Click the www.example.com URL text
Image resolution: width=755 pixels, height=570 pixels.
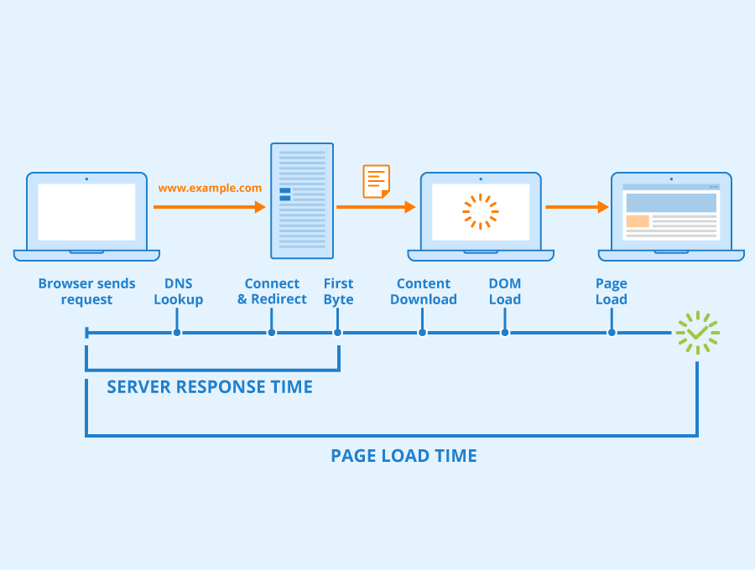click(x=210, y=189)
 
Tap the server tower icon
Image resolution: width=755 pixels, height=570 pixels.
click(x=302, y=201)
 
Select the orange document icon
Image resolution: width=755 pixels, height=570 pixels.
click(x=377, y=181)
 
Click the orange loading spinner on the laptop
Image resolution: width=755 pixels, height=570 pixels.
click(x=481, y=211)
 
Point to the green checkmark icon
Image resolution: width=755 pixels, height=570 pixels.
click(x=697, y=333)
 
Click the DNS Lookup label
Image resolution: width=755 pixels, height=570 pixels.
click(x=178, y=292)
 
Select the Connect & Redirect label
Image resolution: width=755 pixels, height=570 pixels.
click(x=272, y=292)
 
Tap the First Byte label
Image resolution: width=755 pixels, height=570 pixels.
click(x=338, y=292)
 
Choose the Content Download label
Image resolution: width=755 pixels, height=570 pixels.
click(x=424, y=292)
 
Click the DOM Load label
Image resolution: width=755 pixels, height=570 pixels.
click(x=505, y=292)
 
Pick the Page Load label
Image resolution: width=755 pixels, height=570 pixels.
click(x=612, y=292)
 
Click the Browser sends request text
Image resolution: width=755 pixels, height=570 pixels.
click(x=86, y=292)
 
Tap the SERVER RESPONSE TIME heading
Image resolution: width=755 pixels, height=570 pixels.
click(x=210, y=387)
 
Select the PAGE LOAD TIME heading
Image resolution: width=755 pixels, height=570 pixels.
click(x=404, y=456)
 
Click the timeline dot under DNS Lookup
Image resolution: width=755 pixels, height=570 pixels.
click(x=177, y=333)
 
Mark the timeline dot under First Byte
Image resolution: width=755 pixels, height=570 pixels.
click(x=338, y=333)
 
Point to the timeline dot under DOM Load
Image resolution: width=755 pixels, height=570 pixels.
click(x=505, y=333)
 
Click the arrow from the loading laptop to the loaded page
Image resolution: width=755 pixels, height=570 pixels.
click(x=576, y=207)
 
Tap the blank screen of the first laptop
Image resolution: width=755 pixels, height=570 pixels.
click(x=86, y=212)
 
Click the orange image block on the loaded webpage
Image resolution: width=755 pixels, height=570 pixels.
click(x=638, y=221)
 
